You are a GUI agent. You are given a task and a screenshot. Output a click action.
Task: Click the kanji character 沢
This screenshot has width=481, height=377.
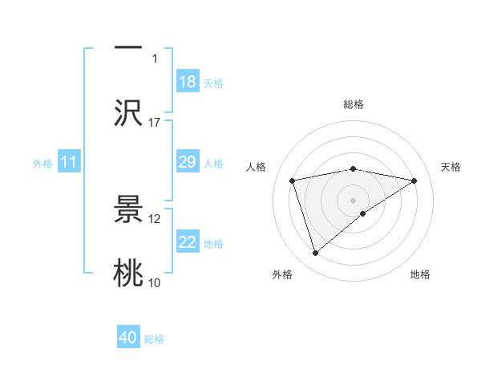point(128,112)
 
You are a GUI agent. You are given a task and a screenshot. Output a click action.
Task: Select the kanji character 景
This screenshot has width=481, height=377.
point(128,209)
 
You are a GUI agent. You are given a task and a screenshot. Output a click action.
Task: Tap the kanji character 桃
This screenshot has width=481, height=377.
point(128,274)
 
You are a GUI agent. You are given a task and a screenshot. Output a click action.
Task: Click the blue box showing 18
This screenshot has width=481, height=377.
point(188,82)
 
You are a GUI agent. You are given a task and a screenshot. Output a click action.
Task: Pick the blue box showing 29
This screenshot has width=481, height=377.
point(188,163)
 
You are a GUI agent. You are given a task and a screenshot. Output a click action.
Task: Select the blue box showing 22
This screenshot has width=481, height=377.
point(188,242)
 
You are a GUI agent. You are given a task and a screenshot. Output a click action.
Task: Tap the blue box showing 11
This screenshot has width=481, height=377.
point(69,163)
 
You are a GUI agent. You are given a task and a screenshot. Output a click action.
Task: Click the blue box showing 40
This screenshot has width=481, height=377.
point(128,338)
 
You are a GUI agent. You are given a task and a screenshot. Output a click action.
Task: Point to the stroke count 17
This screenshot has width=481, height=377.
point(155,123)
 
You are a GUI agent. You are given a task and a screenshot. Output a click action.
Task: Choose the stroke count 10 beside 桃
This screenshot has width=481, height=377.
point(155,283)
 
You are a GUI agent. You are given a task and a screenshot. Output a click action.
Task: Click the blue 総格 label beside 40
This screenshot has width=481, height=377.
point(154,339)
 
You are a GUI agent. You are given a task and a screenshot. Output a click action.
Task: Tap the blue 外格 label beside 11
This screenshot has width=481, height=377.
point(42,164)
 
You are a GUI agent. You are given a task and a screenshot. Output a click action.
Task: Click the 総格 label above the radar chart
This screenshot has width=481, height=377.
point(354,104)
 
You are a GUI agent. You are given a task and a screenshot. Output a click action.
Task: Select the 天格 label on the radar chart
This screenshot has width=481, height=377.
point(451,167)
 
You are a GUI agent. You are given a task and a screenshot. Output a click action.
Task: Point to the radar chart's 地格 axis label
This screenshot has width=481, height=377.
point(420,274)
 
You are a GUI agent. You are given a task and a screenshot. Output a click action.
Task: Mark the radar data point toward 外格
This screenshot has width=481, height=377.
point(316,253)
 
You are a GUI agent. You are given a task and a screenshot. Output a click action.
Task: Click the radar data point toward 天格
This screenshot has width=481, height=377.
point(414,180)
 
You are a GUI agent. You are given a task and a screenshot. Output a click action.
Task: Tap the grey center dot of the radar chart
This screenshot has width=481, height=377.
point(354,200)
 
